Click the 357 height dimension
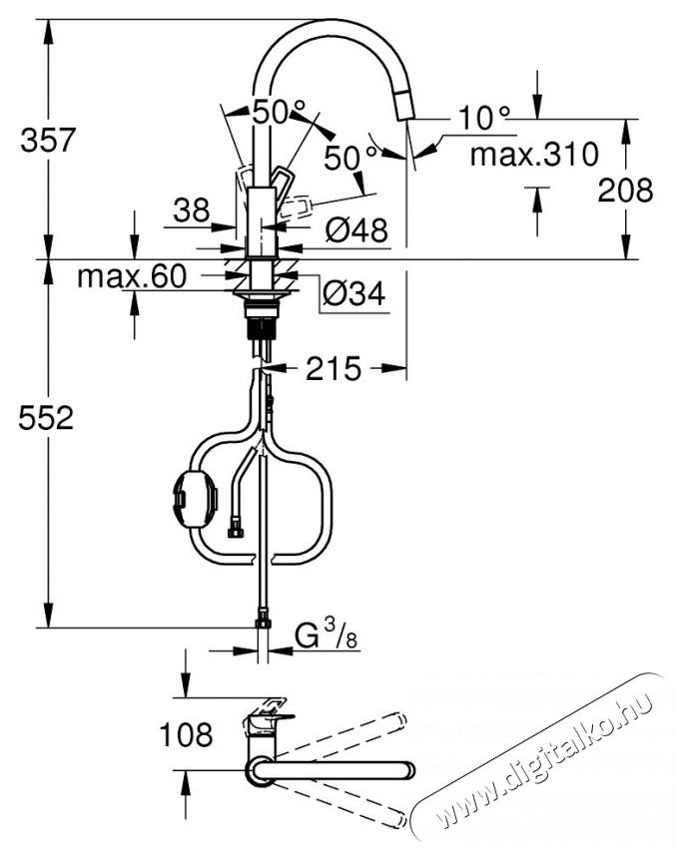tap(48, 140)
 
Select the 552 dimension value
tap(48, 419)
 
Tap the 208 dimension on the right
tap(625, 190)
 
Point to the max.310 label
tap(534, 155)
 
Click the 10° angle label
tap(484, 119)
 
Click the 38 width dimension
tap(190, 210)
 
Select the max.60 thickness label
tap(132, 276)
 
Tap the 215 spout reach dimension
tap(333, 369)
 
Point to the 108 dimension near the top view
tap(186, 736)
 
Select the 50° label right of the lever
tap(352, 157)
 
